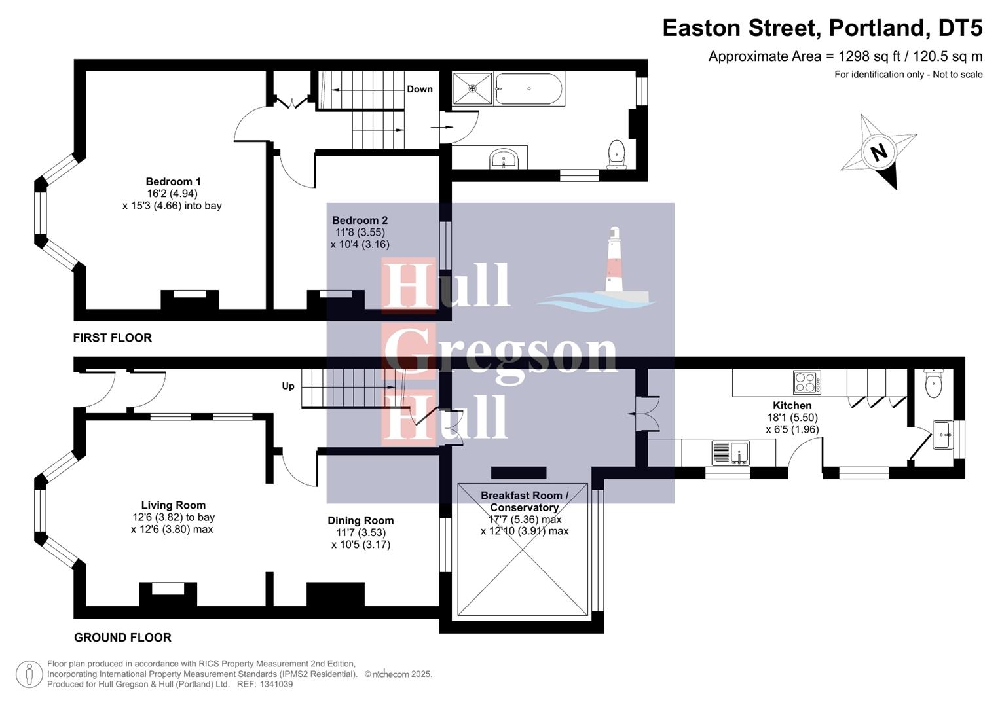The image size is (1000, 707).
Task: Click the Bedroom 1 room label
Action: [x=173, y=181]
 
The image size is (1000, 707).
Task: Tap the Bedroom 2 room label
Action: [x=360, y=220]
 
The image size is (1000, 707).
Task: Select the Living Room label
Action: [x=173, y=505]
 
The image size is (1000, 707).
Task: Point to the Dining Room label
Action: [x=360, y=520]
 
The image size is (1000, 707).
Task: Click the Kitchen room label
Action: [x=792, y=405]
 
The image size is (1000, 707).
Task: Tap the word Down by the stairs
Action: [x=419, y=89]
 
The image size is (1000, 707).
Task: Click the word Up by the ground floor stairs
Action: [x=288, y=386]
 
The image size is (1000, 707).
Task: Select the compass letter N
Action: [x=878, y=152]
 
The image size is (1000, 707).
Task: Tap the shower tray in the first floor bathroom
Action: [x=472, y=88]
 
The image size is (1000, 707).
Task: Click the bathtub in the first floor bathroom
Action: [x=529, y=89]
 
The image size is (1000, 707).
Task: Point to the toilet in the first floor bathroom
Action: [x=617, y=154]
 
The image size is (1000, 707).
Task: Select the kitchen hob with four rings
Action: [x=807, y=382]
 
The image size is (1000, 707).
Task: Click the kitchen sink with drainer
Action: [x=730, y=452]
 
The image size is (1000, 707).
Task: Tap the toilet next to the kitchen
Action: [x=933, y=383]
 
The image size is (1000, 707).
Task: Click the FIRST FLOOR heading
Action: [x=112, y=338]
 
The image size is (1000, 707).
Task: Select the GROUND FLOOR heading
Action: [x=122, y=637]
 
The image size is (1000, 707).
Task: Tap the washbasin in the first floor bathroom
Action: [x=504, y=158]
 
